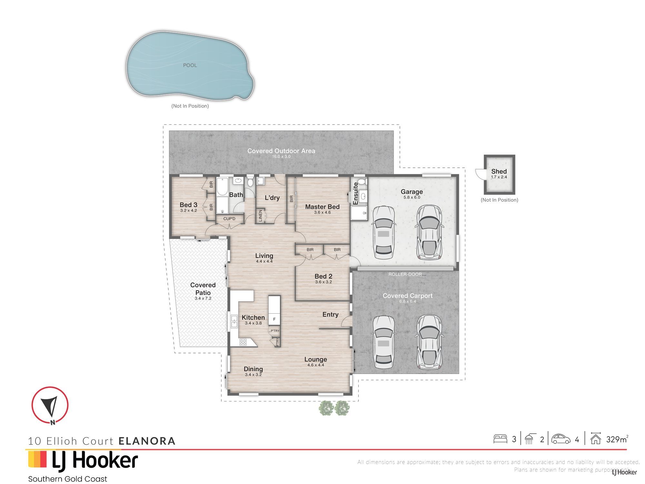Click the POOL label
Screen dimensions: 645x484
click(x=190, y=65)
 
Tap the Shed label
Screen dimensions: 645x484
click(x=499, y=171)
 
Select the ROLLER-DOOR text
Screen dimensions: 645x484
click(x=405, y=274)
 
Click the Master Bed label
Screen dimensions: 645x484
click(x=322, y=207)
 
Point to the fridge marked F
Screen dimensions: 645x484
click(x=274, y=319)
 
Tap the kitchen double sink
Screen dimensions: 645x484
click(x=234, y=321)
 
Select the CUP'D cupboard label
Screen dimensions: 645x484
click(x=229, y=219)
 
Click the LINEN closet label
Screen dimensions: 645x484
click(x=261, y=216)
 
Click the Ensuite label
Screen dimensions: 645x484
click(x=356, y=194)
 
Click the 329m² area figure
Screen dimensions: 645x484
click(x=617, y=439)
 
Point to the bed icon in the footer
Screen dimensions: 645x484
click(x=500, y=439)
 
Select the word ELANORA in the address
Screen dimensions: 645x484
click(x=147, y=441)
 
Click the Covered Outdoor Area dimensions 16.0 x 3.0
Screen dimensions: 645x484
click(x=281, y=156)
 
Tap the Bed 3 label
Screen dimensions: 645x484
click(x=188, y=205)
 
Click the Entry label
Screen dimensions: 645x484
click(x=331, y=315)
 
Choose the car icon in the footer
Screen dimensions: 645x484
click(x=561, y=439)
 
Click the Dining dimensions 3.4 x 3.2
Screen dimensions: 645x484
click(x=253, y=375)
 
